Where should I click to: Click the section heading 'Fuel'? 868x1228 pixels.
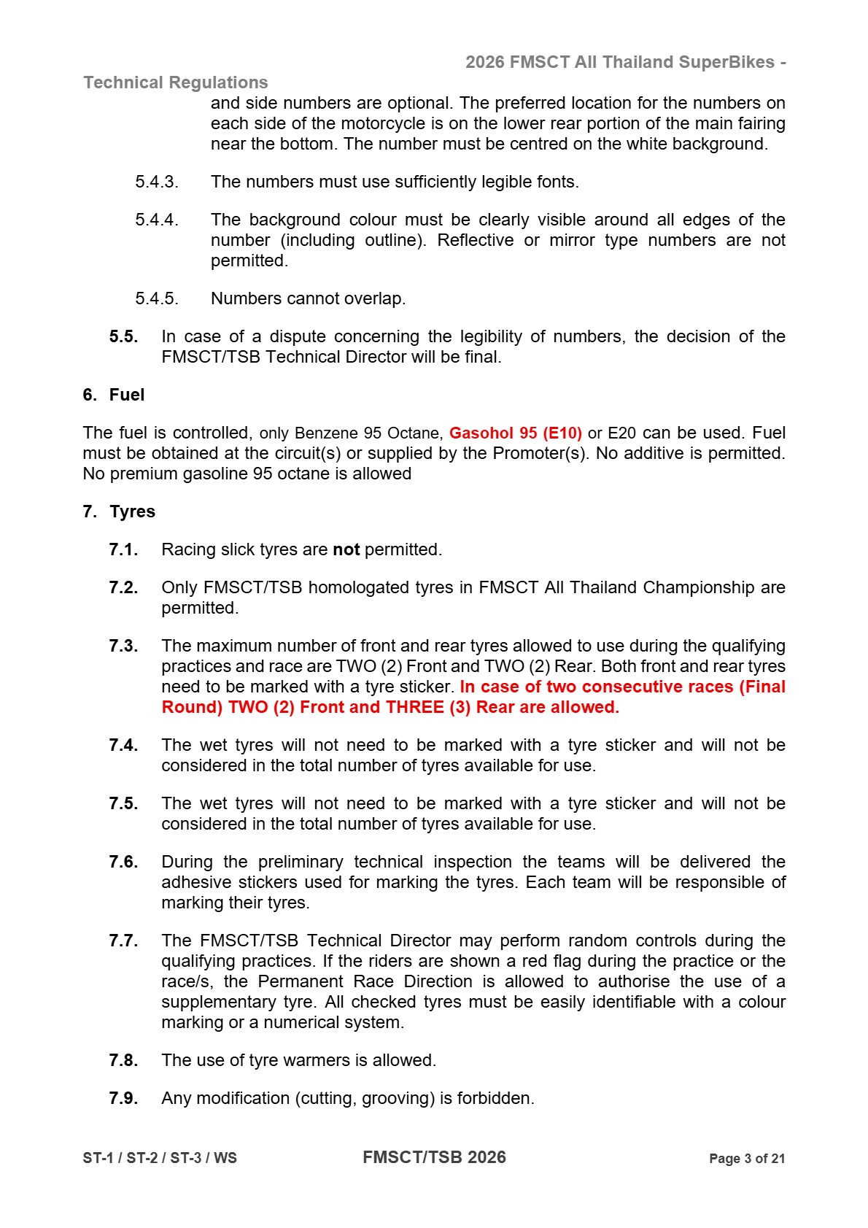click(x=127, y=395)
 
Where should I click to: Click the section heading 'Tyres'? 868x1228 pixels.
click(x=132, y=511)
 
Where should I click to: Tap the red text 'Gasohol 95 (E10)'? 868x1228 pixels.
click(x=515, y=433)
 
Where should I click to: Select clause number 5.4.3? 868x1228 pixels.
click(x=156, y=182)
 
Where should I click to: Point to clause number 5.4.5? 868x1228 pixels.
click(x=156, y=298)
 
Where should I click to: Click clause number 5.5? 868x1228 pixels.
click(x=123, y=336)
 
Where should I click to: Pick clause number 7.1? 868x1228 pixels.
click(x=123, y=549)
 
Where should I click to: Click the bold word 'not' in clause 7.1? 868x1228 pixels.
click(x=346, y=549)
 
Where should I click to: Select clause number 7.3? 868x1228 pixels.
click(x=123, y=646)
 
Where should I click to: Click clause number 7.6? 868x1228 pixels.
click(x=123, y=862)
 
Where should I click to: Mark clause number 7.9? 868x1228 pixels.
click(x=123, y=1098)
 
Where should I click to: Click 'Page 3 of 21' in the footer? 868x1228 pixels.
click(x=746, y=1159)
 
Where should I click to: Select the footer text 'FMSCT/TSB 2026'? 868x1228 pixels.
click(x=434, y=1157)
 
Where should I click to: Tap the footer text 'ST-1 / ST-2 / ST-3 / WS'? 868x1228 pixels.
click(x=160, y=1158)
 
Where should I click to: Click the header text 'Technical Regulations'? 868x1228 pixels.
click(x=176, y=82)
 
